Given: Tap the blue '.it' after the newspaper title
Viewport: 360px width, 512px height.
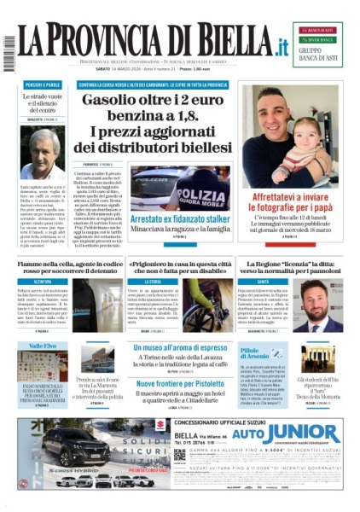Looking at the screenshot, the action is pyautogui.click(x=277, y=46).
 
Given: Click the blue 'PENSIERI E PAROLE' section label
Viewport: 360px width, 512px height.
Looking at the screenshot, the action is pyautogui.click(x=44, y=85).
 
